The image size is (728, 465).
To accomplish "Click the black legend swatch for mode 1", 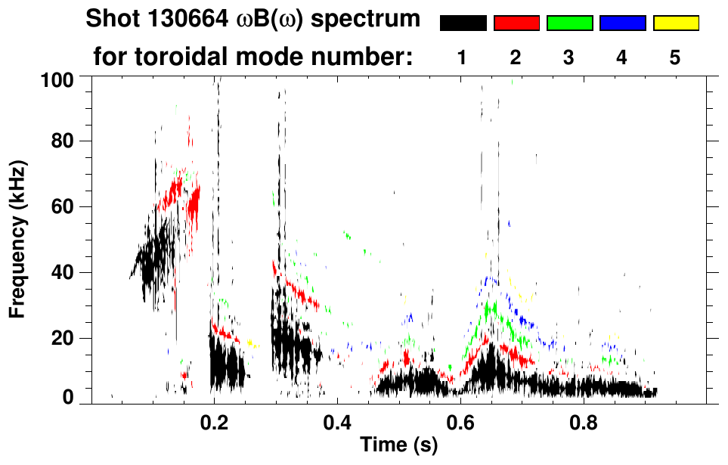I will tap(463, 23).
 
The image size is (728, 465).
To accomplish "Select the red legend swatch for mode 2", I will tap(516, 23).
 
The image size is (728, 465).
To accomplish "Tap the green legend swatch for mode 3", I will tap(569, 23).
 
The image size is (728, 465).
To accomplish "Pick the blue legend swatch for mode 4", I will tap(622, 23).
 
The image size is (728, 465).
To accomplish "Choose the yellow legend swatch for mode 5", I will tap(675, 23).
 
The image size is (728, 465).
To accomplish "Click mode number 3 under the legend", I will tap(569, 57).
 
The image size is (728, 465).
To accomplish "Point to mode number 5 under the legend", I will tap(675, 57).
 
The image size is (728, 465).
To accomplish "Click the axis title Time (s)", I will tap(398, 446).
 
